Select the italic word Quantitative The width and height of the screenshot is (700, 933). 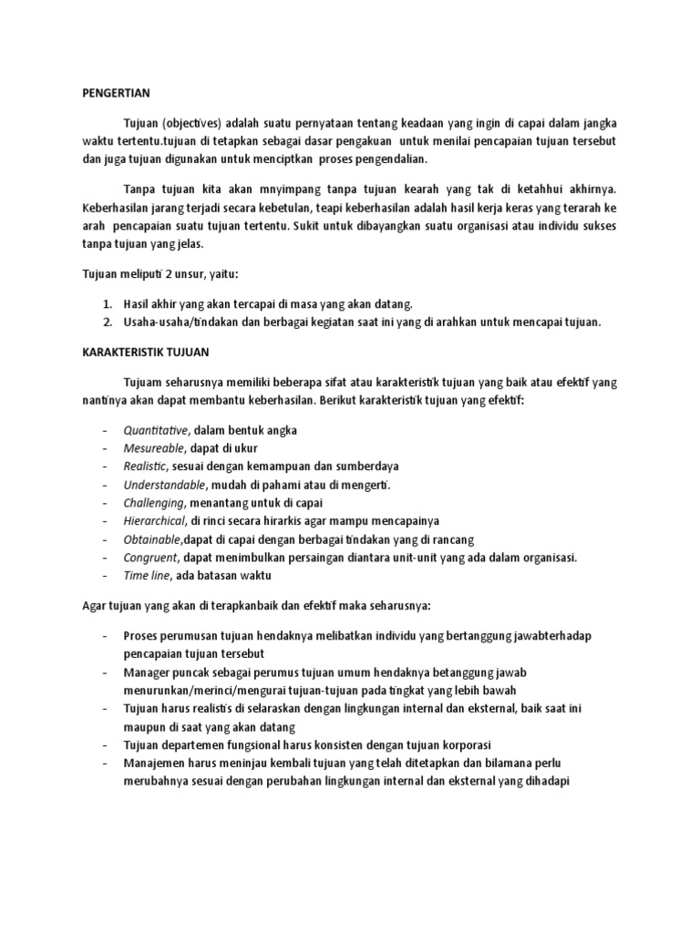tap(156, 430)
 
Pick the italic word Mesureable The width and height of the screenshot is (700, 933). tap(153, 448)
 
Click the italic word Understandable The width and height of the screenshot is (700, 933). tap(164, 485)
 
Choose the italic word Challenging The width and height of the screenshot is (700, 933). tap(154, 503)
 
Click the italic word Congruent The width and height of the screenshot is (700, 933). tap(149, 558)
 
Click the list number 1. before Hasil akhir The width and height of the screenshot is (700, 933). tap(107, 303)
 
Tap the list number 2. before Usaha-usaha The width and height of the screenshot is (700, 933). tap(107, 322)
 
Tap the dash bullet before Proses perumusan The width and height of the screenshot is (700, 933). tap(106, 635)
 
